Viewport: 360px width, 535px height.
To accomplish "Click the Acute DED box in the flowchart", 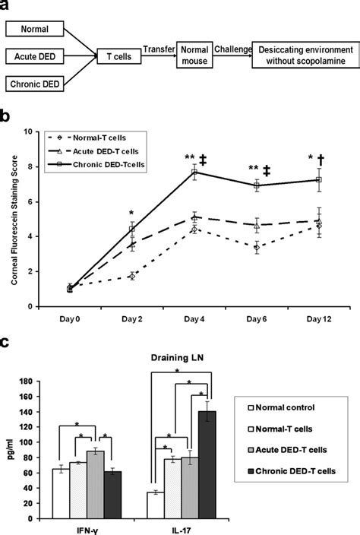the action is [x=34, y=56].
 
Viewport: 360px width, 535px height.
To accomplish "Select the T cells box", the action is [x=119, y=56].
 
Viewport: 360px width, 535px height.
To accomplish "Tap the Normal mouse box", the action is [x=194, y=55].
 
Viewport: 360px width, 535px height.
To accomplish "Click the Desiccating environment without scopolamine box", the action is [x=305, y=55].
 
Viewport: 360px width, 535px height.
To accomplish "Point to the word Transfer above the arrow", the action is [x=159, y=49].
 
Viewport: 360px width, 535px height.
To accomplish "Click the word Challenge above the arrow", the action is [x=233, y=49].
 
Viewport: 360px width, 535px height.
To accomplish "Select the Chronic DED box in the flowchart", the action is [x=34, y=84].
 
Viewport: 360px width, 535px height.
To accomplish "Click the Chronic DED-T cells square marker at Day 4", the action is [x=194, y=172].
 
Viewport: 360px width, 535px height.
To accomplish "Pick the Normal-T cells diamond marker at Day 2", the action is [x=132, y=276].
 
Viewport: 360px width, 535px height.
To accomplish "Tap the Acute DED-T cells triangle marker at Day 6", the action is [x=257, y=225].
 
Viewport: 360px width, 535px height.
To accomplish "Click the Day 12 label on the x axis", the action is [x=319, y=319].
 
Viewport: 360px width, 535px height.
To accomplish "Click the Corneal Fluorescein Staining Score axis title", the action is [x=14, y=220].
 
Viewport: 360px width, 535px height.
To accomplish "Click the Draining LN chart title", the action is [x=177, y=358].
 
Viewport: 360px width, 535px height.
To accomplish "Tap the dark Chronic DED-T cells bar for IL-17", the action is [x=207, y=465].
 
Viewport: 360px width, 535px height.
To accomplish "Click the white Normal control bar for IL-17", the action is [x=156, y=505].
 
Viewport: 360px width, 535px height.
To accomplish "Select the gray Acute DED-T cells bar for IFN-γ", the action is [x=95, y=485].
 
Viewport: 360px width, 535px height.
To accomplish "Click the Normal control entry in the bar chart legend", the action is [x=281, y=407].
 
